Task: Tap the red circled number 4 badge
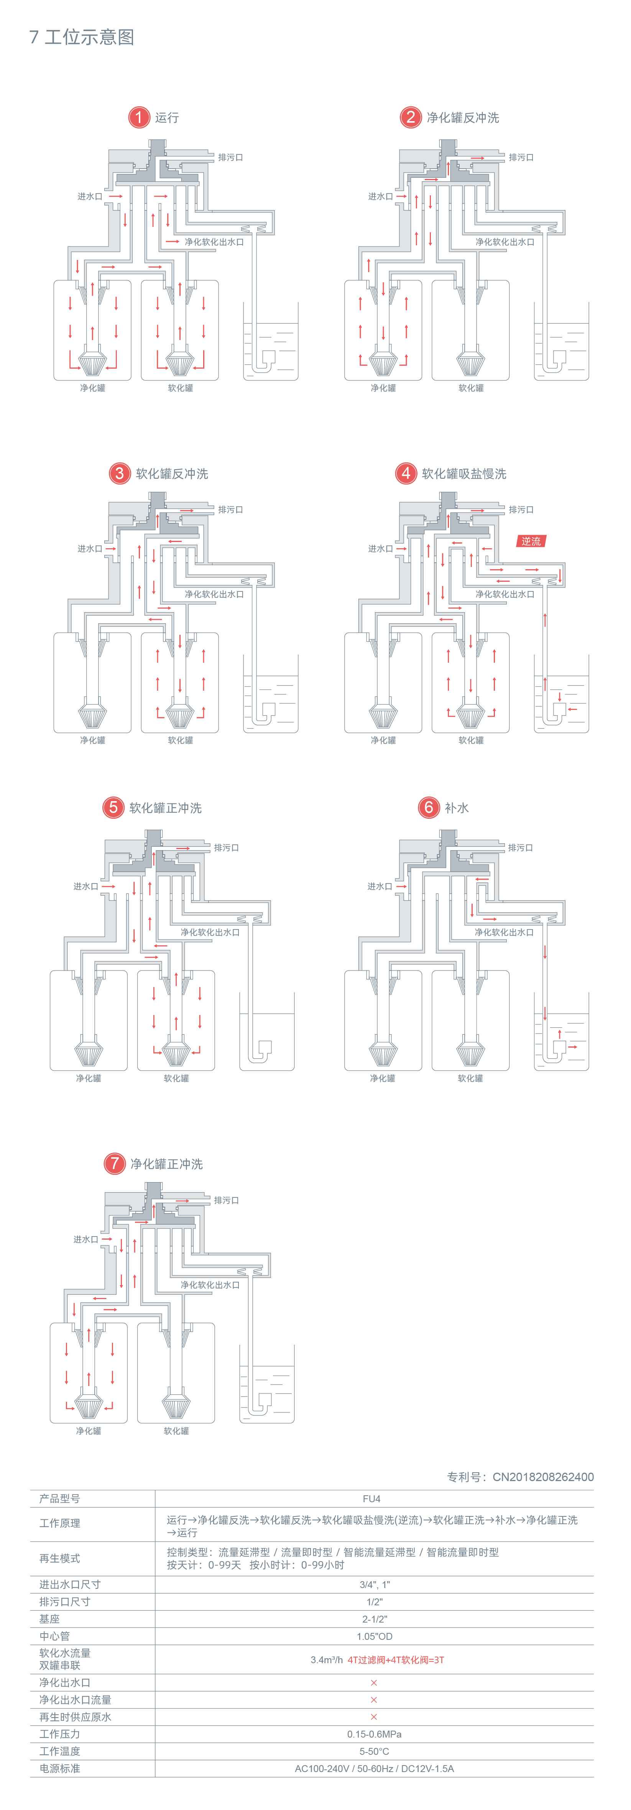tap(406, 473)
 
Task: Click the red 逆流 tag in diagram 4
tap(531, 541)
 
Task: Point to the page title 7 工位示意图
tap(82, 37)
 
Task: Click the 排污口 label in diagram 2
tap(521, 158)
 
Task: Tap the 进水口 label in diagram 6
tap(380, 887)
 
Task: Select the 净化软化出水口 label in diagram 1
tap(214, 242)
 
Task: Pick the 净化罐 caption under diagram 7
tap(89, 1431)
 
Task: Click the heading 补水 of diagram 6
tap(457, 808)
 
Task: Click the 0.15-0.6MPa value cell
tap(374, 1734)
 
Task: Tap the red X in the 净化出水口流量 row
tap(374, 1700)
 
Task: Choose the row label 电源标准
tap(60, 1769)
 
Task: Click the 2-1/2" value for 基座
tap(374, 1619)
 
